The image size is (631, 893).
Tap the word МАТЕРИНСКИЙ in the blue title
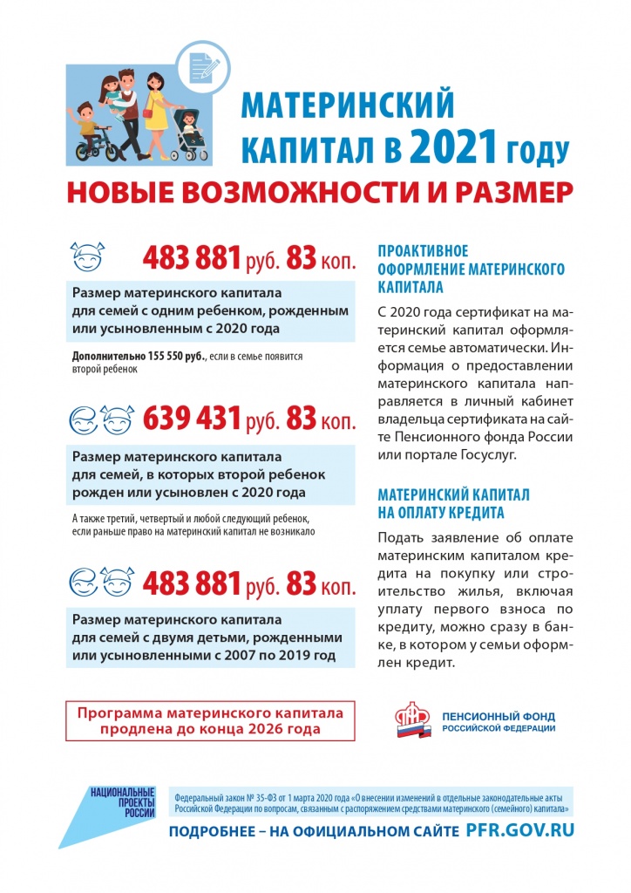tap(347, 106)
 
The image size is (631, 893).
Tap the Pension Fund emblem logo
tap(413, 720)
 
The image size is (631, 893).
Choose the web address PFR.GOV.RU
tap(520, 830)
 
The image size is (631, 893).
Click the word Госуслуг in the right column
tap(486, 455)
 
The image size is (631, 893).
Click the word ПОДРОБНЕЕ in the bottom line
tap(212, 832)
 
